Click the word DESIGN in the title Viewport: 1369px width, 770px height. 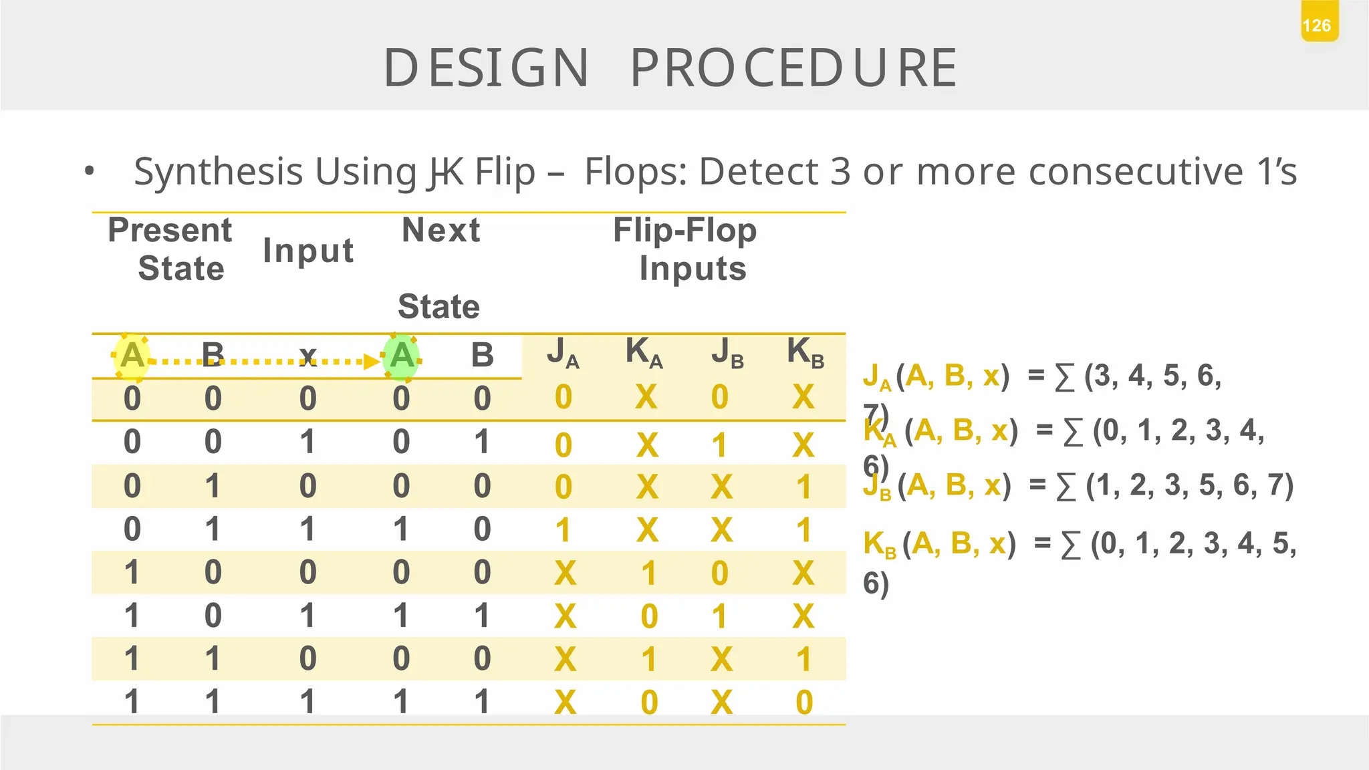tap(486, 68)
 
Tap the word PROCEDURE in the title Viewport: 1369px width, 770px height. tap(793, 68)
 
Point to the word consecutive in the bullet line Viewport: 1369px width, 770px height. tap(1136, 172)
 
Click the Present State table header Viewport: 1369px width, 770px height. tap(170, 249)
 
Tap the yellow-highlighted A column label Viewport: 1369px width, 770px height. tap(132, 356)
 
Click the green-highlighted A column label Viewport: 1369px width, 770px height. tap(401, 356)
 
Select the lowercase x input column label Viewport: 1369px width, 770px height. tap(307, 356)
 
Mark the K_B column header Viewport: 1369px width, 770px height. tap(805, 352)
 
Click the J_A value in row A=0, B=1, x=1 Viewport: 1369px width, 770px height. tap(563, 530)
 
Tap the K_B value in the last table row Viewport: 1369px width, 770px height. tap(804, 702)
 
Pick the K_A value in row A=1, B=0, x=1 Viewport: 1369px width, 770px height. tap(648, 616)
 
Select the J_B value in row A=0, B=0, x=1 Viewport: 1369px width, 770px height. tap(719, 445)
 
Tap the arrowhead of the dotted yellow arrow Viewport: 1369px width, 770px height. tap(371, 362)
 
